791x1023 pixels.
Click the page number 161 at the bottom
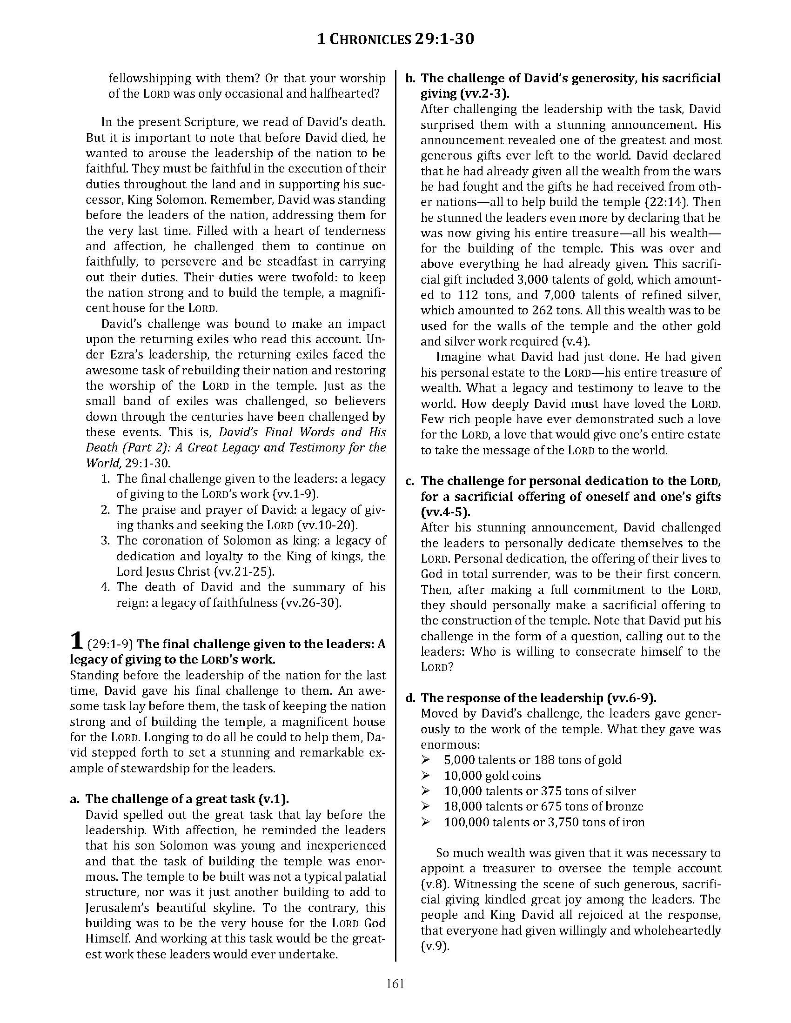(395, 983)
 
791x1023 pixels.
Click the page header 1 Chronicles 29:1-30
(395, 39)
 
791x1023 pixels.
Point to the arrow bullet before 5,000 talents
(425, 760)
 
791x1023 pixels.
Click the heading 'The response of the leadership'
(538, 698)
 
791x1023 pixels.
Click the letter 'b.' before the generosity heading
(410, 78)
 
